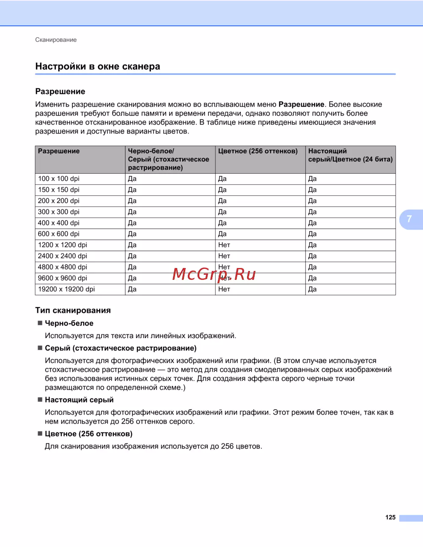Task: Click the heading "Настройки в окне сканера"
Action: [x=98, y=66]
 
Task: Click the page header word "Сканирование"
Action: [x=56, y=40]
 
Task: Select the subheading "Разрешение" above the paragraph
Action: [x=60, y=91]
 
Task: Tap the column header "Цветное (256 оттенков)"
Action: [x=258, y=151]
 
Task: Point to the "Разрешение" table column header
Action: [x=59, y=151]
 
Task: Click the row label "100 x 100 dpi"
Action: [x=59, y=179]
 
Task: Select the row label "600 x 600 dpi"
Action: [x=59, y=234]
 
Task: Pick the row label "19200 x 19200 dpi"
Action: [x=66, y=289]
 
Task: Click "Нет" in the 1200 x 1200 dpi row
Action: [x=224, y=245]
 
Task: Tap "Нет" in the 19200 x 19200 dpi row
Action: [x=224, y=289]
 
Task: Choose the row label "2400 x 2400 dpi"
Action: [x=63, y=256]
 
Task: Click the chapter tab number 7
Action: [x=409, y=219]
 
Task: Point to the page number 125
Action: [x=390, y=517]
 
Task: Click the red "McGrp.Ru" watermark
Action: [x=214, y=274]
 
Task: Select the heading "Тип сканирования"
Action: [x=73, y=310]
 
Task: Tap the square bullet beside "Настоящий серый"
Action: [x=40, y=399]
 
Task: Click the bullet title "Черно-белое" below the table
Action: [x=69, y=323]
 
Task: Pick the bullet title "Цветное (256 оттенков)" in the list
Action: [x=88, y=434]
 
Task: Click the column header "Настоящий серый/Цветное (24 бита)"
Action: [x=350, y=155]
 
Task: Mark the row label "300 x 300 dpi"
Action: [x=59, y=212]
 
